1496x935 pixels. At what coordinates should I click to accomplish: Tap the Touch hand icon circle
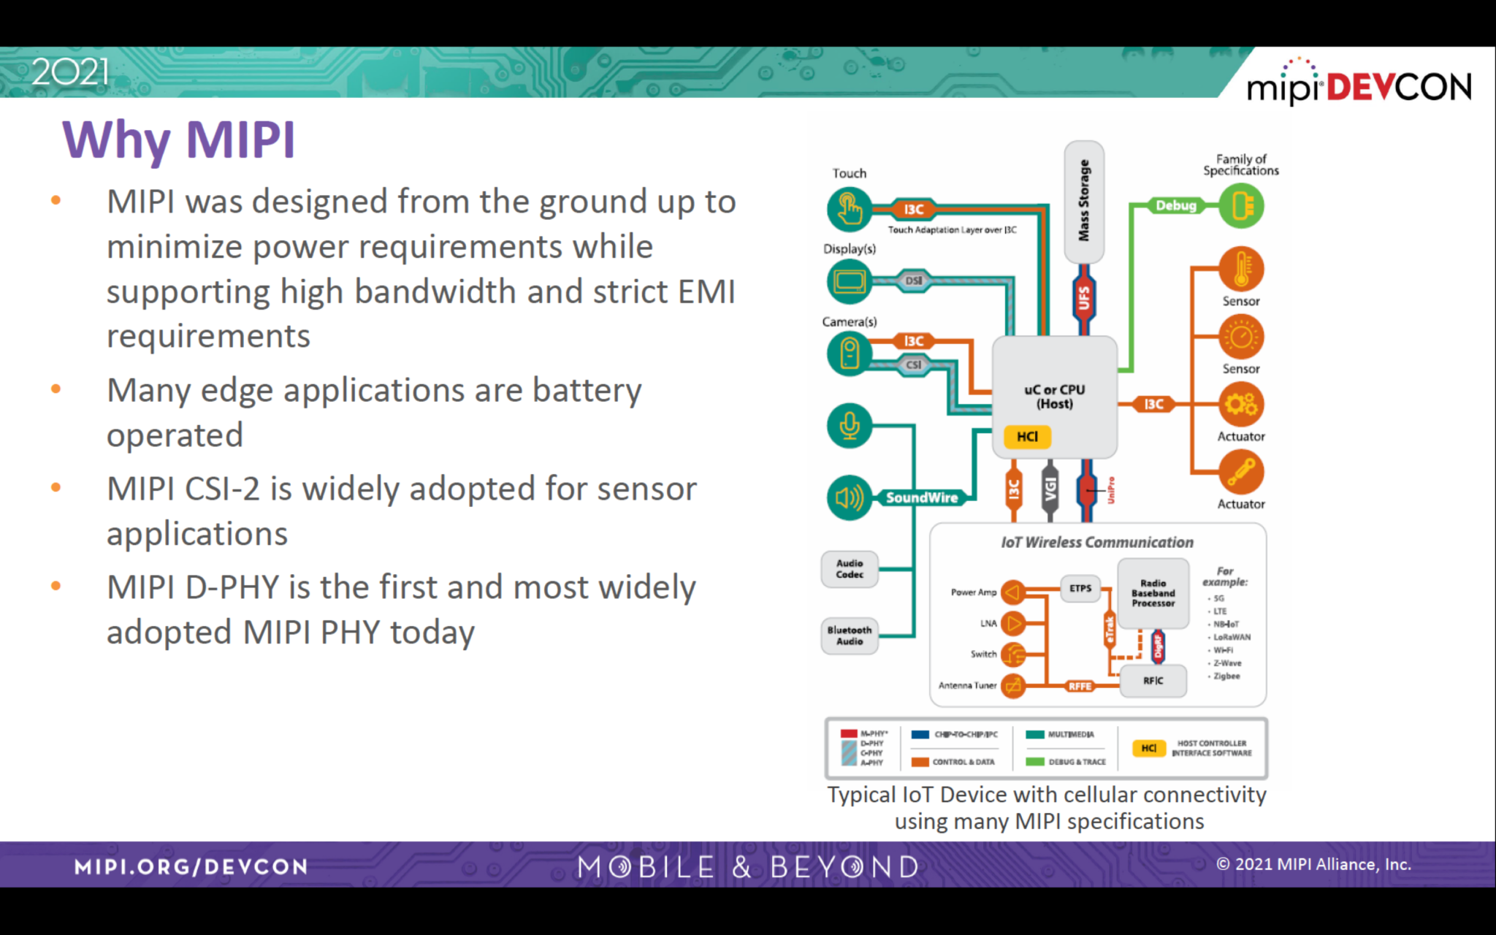pyautogui.click(x=849, y=209)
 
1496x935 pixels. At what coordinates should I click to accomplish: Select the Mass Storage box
pyautogui.click(x=1084, y=202)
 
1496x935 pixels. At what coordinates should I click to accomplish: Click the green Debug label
pyautogui.click(x=1176, y=205)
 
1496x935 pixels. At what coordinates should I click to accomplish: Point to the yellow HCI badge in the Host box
pyautogui.click(x=1027, y=436)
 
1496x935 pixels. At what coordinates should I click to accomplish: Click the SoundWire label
pyautogui.click(x=921, y=497)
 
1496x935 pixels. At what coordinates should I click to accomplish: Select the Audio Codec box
pyautogui.click(x=850, y=569)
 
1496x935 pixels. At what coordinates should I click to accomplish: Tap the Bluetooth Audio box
pyautogui.click(x=850, y=636)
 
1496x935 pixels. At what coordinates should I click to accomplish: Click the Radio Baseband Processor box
pyautogui.click(x=1153, y=593)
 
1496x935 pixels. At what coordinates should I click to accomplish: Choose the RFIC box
pyautogui.click(x=1153, y=681)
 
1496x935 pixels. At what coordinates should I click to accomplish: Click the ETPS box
pyautogui.click(x=1080, y=588)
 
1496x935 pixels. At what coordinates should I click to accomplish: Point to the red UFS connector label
pyautogui.click(x=1084, y=298)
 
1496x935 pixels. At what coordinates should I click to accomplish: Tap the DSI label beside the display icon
pyautogui.click(x=913, y=280)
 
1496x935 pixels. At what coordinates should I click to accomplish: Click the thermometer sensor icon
pyautogui.click(x=1241, y=269)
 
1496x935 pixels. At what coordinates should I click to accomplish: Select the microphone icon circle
pyautogui.click(x=849, y=425)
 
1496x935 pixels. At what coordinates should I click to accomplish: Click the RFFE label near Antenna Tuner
pyautogui.click(x=1080, y=686)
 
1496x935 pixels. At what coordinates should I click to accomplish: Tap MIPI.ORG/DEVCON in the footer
pyautogui.click(x=191, y=867)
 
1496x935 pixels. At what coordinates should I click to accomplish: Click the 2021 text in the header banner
pyautogui.click(x=70, y=72)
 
